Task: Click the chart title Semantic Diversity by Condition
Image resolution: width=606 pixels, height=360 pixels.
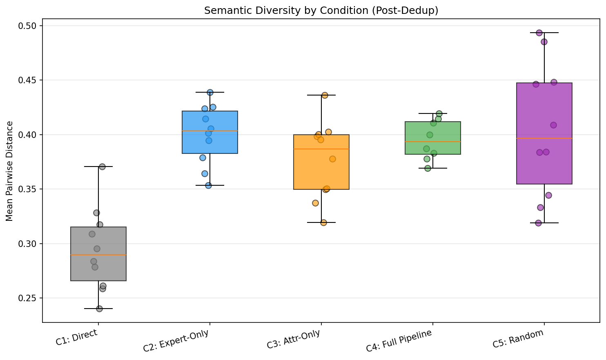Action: click(321, 11)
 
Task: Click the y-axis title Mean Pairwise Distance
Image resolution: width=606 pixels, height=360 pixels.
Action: click(10, 171)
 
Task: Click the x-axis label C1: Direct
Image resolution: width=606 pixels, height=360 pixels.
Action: click(77, 338)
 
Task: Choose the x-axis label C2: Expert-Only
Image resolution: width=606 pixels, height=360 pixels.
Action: click(176, 341)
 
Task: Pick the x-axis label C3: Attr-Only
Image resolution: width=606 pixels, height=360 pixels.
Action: click(294, 340)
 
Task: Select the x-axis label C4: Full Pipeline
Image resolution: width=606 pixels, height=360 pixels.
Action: click(399, 341)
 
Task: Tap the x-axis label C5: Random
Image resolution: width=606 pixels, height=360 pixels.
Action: click(518, 338)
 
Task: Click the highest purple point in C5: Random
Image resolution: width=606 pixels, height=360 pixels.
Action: click(539, 33)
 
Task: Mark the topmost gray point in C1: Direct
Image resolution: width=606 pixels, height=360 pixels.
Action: click(102, 167)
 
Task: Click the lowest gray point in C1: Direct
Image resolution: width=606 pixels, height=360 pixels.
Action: click(99, 309)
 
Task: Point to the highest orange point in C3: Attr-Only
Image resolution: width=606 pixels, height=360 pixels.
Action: click(325, 95)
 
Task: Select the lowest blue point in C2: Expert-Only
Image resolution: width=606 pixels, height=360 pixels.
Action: click(208, 185)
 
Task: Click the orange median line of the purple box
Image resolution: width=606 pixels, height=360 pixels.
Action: click(544, 138)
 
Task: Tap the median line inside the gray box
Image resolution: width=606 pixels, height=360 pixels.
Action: click(98, 255)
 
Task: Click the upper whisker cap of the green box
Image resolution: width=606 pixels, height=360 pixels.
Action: click(433, 113)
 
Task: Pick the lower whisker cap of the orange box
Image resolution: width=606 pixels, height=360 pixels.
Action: click(321, 222)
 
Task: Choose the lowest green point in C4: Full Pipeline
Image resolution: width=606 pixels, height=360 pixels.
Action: click(428, 168)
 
